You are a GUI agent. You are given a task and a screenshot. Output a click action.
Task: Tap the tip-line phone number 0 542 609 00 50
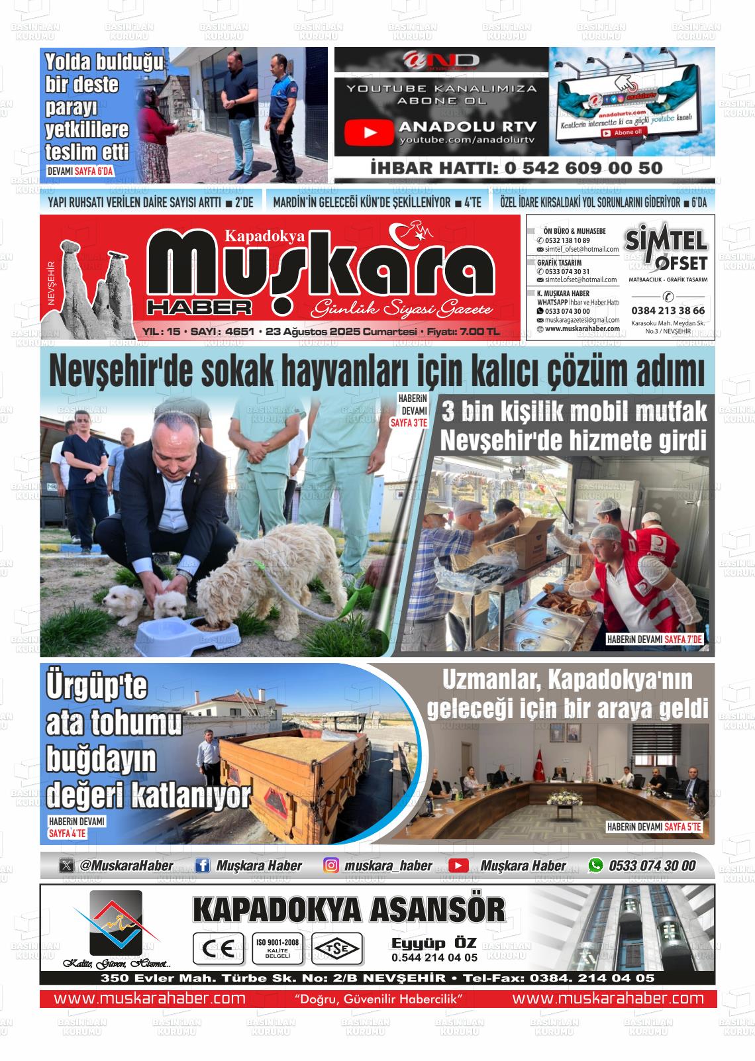(583, 168)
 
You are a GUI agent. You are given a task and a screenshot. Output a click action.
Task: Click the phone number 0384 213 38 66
(668, 310)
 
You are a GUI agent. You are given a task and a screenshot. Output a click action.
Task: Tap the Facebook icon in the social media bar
(203, 865)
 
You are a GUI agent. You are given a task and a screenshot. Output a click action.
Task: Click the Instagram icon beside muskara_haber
(331, 865)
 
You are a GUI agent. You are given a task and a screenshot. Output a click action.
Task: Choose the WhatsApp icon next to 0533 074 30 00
(596, 865)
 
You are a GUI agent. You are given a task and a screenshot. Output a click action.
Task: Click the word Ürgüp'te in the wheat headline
(97, 687)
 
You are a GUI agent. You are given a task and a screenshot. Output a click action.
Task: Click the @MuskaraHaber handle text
(126, 865)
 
